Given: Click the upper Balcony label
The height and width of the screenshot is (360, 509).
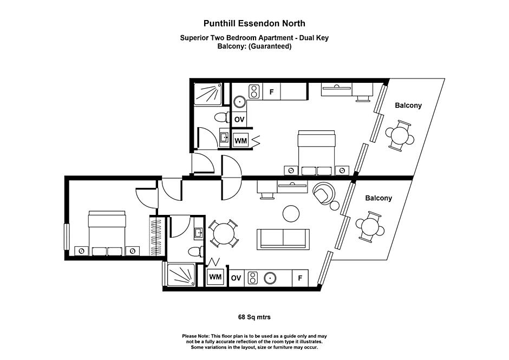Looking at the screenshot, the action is click(408, 106).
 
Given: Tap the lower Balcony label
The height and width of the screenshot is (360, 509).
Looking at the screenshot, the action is click(379, 198).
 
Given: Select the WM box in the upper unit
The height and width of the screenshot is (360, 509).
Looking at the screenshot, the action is click(240, 141).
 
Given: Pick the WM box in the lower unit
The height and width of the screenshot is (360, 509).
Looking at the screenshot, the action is click(215, 277).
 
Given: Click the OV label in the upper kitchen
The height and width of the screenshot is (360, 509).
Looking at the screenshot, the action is click(239, 120).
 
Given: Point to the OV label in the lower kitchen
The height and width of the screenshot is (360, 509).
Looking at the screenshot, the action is click(236, 278).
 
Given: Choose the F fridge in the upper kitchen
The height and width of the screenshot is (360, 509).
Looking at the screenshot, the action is click(271, 91).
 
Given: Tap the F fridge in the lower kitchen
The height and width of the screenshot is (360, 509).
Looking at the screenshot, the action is click(300, 278).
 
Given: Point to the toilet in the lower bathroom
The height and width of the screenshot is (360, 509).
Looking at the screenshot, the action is click(196, 252).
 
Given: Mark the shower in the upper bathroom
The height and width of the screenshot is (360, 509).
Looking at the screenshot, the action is click(208, 94).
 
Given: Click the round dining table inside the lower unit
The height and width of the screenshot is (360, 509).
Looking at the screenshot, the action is click(223, 233).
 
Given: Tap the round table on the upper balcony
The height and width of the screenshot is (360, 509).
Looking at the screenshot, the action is click(400, 136).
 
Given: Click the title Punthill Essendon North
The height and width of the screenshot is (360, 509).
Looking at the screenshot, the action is click(255, 24).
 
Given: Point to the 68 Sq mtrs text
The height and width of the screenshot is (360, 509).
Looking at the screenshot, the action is click(254, 317).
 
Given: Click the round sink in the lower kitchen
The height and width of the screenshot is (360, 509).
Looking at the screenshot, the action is click(270, 278).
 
